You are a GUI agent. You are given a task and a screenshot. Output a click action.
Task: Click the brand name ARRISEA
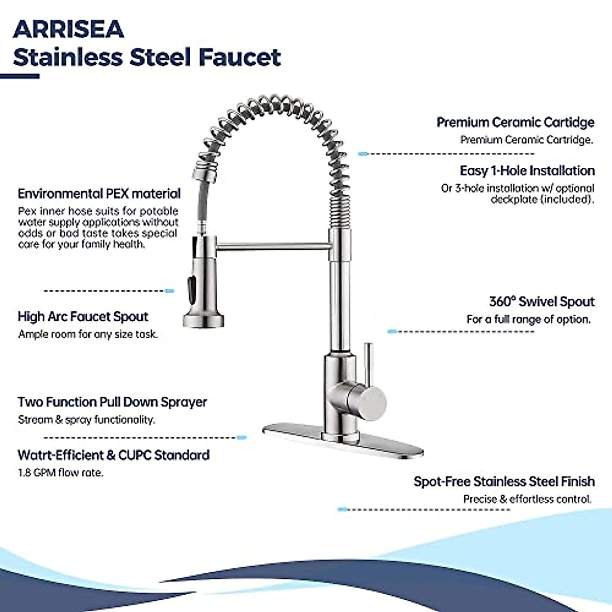click(68, 30)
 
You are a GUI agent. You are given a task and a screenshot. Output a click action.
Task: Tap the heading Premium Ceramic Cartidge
click(515, 122)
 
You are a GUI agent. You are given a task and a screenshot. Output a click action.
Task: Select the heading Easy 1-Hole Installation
click(527, 171)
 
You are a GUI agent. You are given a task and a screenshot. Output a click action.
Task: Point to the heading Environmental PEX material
click(99, 194)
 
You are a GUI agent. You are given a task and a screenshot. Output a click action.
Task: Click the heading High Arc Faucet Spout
click(83, 317)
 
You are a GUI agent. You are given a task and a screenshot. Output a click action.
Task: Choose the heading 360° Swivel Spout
click(542, 301)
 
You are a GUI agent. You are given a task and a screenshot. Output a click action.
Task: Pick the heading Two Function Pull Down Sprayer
click(112, 402)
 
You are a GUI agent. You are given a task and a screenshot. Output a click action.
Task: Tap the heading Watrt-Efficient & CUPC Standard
click(113, 455)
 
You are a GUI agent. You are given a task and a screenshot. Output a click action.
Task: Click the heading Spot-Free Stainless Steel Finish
click(504, 481)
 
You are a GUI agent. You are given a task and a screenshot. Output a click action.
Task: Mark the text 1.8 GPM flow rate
click(61, 473)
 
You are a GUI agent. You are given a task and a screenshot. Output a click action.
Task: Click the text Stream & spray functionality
click(86, 420)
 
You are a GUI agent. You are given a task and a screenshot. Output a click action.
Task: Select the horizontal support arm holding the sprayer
click(273, 247)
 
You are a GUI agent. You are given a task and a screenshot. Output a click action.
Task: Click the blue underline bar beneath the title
click(19, 76)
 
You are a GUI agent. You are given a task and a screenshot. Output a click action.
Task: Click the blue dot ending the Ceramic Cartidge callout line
click(363, 154)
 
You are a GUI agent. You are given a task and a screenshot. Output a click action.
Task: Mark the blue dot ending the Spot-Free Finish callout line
click(342, 509)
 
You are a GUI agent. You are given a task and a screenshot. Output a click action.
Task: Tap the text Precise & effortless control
click(527, 499)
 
